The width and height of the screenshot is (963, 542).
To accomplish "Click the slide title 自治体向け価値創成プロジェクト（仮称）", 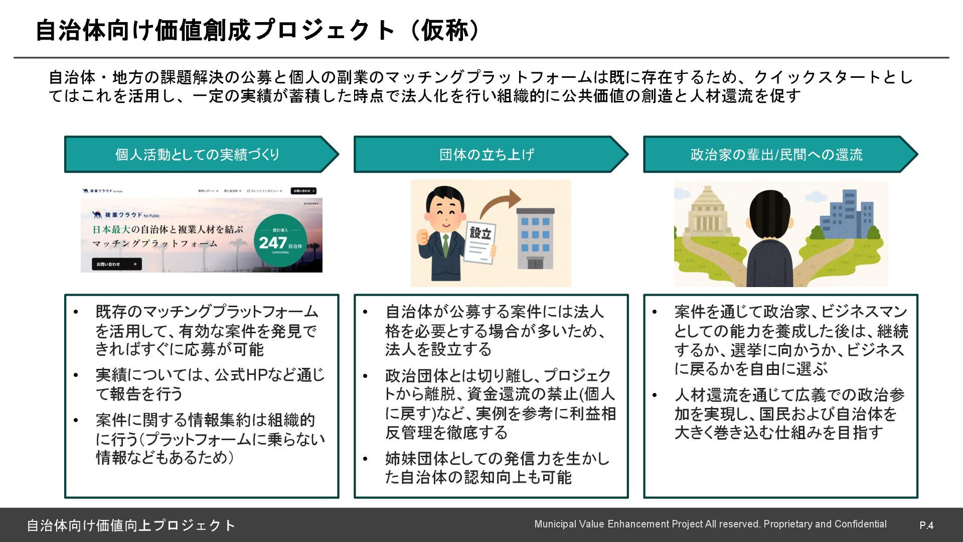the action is point(258,30).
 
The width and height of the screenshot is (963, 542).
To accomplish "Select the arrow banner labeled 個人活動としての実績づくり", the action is point(198,155).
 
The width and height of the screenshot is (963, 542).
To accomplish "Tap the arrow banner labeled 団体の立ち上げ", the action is point(487,155).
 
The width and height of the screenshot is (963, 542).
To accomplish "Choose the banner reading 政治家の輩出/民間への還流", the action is point(776,155).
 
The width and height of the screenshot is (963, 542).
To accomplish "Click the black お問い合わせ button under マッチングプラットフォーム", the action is point(116,264).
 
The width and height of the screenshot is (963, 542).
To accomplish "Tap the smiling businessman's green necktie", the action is point(445,245).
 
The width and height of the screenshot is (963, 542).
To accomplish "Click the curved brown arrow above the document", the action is point(499,203).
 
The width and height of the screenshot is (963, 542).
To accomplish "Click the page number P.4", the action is point(926,525).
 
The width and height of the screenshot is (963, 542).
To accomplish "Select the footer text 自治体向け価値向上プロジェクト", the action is point(130,525).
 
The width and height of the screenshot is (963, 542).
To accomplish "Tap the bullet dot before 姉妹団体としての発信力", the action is point(365,458).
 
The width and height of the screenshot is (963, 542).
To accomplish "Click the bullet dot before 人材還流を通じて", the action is point(655,395).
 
